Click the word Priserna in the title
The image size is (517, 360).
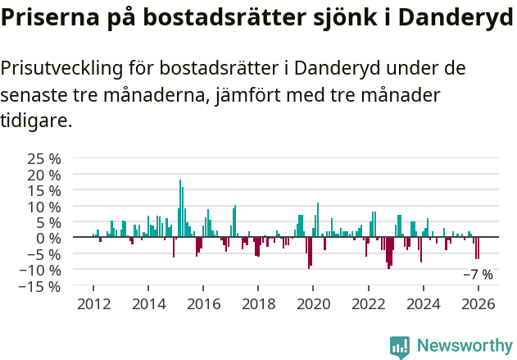tap(48, 20)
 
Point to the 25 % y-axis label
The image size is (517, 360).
tap(44, 158)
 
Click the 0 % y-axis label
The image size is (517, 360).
tap(49, 238)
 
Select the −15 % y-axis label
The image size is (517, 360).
tap(39, 286)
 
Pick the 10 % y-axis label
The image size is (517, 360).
tap(44, 206)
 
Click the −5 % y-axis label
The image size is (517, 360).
tap(43, 254)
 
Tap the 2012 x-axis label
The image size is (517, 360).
tap(93, 304)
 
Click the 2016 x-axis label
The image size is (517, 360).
tap(203, 304)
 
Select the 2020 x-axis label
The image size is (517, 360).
tap(313, 304)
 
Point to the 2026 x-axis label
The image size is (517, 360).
tap(478, 304)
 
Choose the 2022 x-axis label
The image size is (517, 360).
tap(369, 304)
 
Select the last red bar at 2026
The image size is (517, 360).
tap(478, 248)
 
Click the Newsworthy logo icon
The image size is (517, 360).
tap(400, 347)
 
